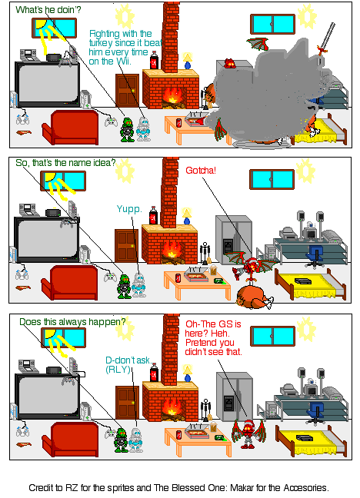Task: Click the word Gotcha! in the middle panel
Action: [x=201, y=170]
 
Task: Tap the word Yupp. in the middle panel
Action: [x=128, y=208]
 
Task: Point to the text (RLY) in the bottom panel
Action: [x=120, y=369]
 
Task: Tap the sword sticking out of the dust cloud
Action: [x=329, y=37]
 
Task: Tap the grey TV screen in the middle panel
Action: [x=43, y=240]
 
